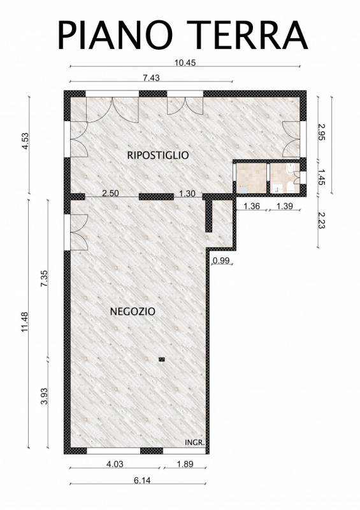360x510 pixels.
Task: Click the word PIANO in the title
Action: pyautogui.click(x=115, y=34)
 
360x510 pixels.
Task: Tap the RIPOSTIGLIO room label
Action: pyautogui.click(x=158, y=155)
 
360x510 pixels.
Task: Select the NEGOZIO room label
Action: pyautogui.click(x=133, y=311)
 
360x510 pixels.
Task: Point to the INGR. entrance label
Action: pyautogui.click(x=194, y=442)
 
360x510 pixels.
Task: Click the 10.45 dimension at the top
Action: pyautogui.click(x=185, y=62)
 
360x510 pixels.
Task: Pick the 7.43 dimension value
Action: pyautogui.click(x=151, y=78)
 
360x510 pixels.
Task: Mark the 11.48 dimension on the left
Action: pyautogui.click(x=25, y=322)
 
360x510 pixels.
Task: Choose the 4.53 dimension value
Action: pyautogui.click(x=25, y=141)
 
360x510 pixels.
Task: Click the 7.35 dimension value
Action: pyautogui.click(x=44, y=278)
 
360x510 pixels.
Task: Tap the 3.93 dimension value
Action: pyautogui.click(x=44, y=396)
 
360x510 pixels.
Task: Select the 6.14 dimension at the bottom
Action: pyautogui.click(x=142, y=480)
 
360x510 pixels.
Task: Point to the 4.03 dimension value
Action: pyautogui.click(x=115, y=464)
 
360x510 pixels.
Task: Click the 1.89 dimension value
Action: pyautogui.click(x=185, y=464)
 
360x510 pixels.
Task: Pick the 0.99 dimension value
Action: pyautogui.click(x=221, y=260)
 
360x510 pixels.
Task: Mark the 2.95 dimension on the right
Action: pyautogui.click(x=322, y=132)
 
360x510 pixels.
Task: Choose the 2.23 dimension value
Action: pyautogui.click(x=322, y=220)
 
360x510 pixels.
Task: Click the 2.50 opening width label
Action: pyautogui.click(x=111, y=193)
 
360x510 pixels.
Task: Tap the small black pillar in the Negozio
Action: pyautogui.click(x=162, y=360)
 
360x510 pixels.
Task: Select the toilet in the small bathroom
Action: pyautogui.click(x=291, y=187)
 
